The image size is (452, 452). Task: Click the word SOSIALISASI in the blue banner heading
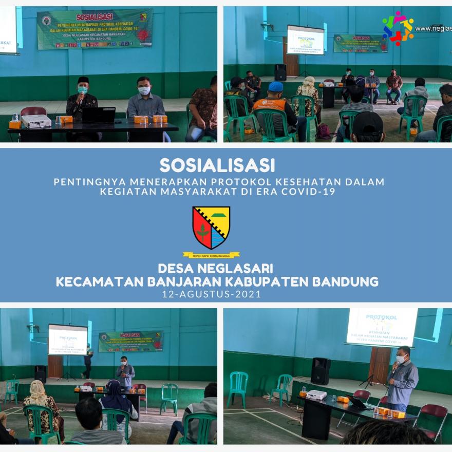click(217, 165)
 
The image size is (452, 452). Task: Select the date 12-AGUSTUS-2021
click(211, 295)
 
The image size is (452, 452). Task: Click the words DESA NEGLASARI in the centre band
click(215, 268)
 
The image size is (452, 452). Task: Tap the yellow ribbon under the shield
click(211, 255)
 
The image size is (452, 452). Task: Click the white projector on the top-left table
click(36, 121)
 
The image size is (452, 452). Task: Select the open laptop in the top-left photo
click(99, 115)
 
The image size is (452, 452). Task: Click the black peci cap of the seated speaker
click(83, 80)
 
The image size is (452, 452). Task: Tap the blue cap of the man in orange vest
click(276, 86)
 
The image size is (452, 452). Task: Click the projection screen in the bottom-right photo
click(382, 327)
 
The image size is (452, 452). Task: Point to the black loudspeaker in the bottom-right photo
click(321, 371)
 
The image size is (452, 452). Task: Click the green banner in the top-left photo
click(95, 29)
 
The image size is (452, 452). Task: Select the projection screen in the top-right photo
click(306, 40)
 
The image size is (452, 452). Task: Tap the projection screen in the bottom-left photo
click(68, 340)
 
